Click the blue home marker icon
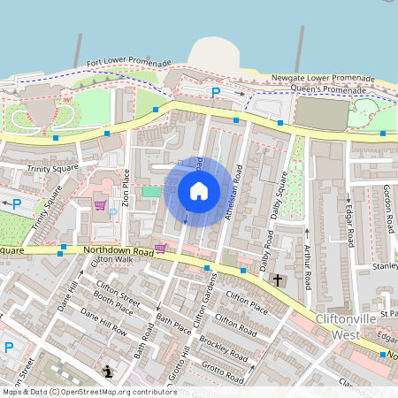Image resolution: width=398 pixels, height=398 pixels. (x=199, y=191)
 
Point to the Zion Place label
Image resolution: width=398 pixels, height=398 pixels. (x=126, y=188)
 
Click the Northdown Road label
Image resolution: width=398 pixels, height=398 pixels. (x=119, y=251)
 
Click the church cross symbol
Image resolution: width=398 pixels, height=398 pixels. (x=277, y=280)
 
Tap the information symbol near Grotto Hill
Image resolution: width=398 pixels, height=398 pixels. (x=108, y=371)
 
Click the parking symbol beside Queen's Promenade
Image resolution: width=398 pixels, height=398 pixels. (x=214, y=92)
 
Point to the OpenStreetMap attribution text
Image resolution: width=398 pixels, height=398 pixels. (x=88, y=391)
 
